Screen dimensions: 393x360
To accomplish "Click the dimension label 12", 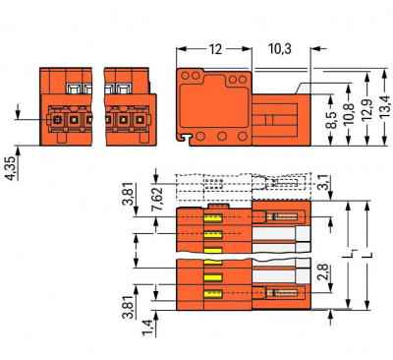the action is pos(215,49).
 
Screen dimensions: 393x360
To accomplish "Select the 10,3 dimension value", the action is pos(280,49).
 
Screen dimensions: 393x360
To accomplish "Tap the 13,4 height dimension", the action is pos(385,106).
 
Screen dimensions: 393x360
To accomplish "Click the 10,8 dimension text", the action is pos(350,113).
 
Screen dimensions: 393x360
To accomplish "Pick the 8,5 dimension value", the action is pos(332,120).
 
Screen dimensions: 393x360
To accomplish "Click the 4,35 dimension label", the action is pos(11,168).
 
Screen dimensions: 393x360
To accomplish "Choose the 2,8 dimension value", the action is pos(323,272).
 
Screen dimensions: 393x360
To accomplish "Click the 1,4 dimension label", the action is pos(147,328).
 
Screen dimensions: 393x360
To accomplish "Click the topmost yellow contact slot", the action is pos(213,218).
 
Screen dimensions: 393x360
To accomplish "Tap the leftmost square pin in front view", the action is pos(57,120).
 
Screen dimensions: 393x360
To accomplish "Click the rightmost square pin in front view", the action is pos(140,120).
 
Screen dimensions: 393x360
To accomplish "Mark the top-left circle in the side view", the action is pos(185,76).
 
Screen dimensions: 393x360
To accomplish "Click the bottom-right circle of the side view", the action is pos(243,136).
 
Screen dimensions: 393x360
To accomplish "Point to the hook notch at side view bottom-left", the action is pos(185,138).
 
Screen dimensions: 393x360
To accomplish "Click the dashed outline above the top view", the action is pos(244,187).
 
